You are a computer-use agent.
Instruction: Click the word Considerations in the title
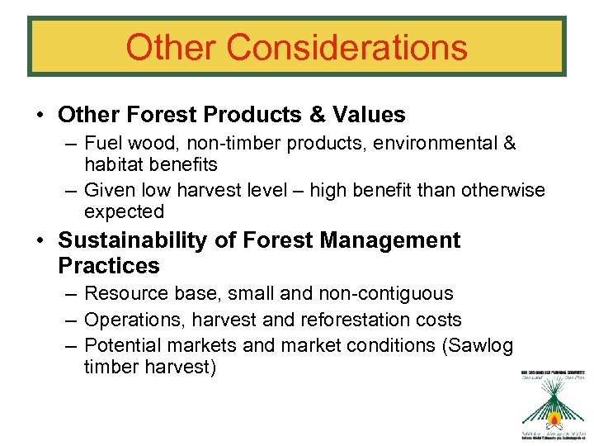pos(346,47)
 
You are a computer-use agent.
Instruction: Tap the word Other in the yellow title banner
pos(171,47)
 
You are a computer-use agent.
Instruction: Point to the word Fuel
pos(102,143)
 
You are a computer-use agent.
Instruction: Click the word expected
pos(124,211)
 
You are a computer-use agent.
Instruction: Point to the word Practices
pos(108,266)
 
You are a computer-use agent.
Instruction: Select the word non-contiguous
pos(389,293)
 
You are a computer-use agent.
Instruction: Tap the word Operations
pos(130,320)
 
